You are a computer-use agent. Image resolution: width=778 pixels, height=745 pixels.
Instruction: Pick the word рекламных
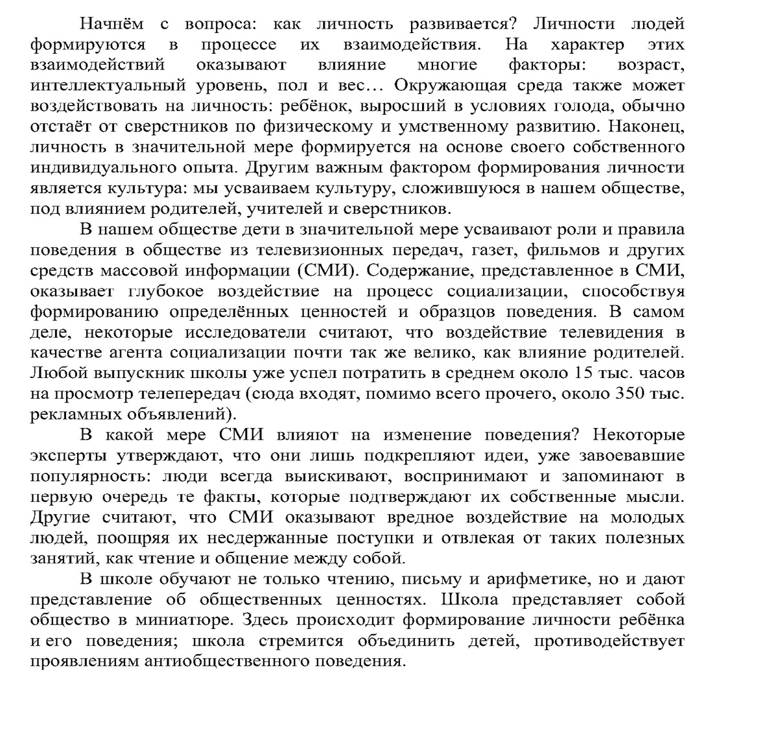click(x=69, y=414)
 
